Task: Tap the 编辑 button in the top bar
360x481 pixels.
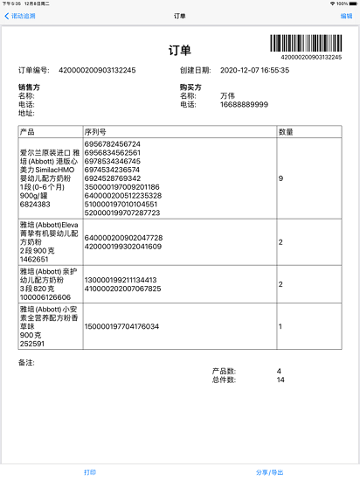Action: coord(346,16)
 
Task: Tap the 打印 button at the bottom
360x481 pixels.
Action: coord(90,471)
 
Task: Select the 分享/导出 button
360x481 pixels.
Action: coord(269,471)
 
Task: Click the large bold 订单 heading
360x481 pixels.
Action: coord(180,51)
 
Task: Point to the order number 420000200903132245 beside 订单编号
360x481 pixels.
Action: coord(97,69)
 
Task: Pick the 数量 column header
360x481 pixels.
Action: coord(285,131)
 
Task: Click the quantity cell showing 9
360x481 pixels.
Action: coord(280,178)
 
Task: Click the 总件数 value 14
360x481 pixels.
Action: coord(281,380)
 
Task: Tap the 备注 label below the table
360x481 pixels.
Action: coord(26,360)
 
